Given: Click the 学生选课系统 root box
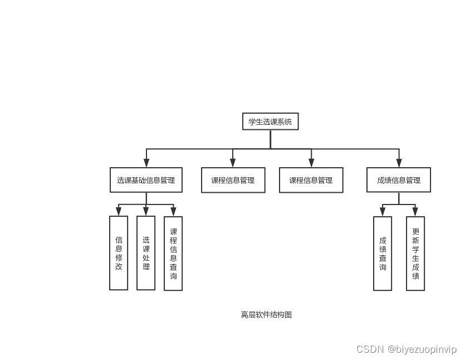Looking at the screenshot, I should pyautogui.click(x=270, y=121).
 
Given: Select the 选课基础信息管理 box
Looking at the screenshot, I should pyautogui.click(x=146, y=180).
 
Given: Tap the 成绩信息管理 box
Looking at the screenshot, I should pyautogui.click(x=398, y=180).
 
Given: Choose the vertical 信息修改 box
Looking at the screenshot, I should pyautogui.click(x=119, y=253).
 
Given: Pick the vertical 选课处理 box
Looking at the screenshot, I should pyautogui.click(x=146, y=253).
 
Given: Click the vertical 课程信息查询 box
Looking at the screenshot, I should pyautogui.click(x=173, y=254).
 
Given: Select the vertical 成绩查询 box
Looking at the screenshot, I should pyautogui.click(x=383, y=254).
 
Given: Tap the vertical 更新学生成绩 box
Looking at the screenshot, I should pyautogui.click(x=415, y=254).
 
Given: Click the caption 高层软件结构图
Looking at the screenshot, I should pyautogui.click(x=266, y=314).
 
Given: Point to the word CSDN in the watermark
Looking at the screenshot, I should pyautogui.click(x=370, y=349).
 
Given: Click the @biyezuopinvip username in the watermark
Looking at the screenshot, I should pyautogui.click(x=422, y=349).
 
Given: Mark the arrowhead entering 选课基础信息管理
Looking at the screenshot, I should pyautogui.click(x=146, y=163).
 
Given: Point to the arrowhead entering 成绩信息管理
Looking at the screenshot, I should pyautogui.click(x=399, y=163).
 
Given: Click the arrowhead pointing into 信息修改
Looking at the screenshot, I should pyautogui.click(x=119, y=211).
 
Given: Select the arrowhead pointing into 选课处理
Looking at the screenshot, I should pyautogui.click(x=146, y=211).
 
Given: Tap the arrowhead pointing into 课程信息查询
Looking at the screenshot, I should pyautogui.click(x=173, y=211).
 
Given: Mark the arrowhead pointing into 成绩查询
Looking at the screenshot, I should pyautogui.click(x=383, y=212).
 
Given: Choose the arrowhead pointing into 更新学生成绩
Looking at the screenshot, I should pyautogui.click(x=415, y=212).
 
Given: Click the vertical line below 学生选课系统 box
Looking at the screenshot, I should pyautogui.click(x=270, y=139).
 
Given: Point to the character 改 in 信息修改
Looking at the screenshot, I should pyautogui.click(x=119, y=266).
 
